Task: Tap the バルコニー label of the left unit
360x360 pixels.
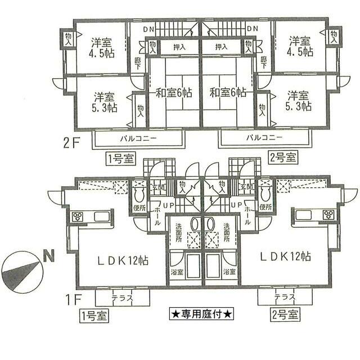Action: click(x=137, y=137)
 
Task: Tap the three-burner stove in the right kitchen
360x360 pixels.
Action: click(x=328, y=214)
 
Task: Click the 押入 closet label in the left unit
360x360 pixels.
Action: click(x=179, y=47)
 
